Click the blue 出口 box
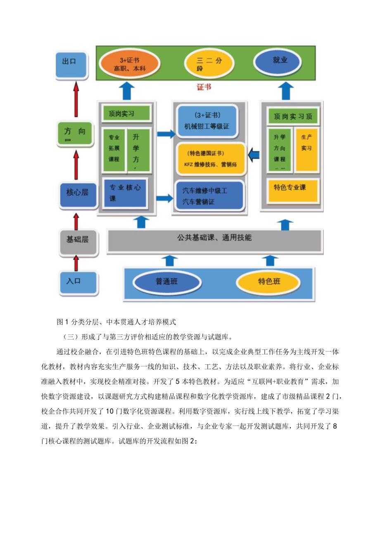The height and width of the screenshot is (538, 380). click(x=72, y=65)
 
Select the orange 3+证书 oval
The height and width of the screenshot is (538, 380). click(x=124, y=64)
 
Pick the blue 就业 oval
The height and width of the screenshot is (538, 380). click(x=279, y=61)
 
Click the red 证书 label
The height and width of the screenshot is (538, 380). click(x=204, y=87)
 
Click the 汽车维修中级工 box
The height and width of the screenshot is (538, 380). click(x=209, y=196)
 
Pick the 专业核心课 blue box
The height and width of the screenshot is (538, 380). click(x=126, y=193)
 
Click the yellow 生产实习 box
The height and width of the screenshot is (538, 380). click(x=306, y=149)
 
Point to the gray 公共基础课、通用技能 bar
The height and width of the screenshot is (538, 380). click(x=214, y=239)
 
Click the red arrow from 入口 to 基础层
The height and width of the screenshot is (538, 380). click(x=76, y=263)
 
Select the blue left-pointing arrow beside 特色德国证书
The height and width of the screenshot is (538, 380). click(x=254, y=155)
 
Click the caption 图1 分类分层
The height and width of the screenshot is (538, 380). click(x=117, y=322)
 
